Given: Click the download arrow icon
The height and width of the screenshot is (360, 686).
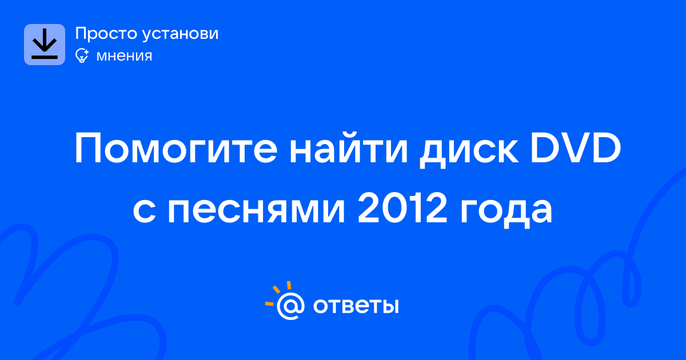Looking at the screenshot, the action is coord(45,45).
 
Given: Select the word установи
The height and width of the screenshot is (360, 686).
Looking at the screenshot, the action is coord(181,34).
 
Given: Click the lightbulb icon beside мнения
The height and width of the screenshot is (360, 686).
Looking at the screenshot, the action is coord(82,55).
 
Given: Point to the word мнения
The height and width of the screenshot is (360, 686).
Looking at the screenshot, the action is coord(124,56).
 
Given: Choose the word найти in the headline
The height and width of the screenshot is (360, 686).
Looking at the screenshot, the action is coord(349,147).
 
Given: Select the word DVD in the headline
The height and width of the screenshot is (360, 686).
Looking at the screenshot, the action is coord(576,148).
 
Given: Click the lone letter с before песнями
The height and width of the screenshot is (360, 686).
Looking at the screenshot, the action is coord(144,211).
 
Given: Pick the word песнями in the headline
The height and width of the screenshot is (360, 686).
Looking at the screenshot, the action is coord(257,210).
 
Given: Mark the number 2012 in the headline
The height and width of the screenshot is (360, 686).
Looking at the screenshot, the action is coord(402,207).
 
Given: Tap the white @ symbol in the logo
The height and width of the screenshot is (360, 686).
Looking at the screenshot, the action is coord(290,306).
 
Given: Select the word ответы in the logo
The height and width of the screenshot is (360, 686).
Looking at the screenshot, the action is coord(356,306).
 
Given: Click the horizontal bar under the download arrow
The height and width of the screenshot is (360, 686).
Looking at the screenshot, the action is coord(45,57).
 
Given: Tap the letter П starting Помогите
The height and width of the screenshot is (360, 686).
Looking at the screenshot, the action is coord(88,149).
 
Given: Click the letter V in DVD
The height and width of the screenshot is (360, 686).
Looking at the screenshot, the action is coord(576,148).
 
